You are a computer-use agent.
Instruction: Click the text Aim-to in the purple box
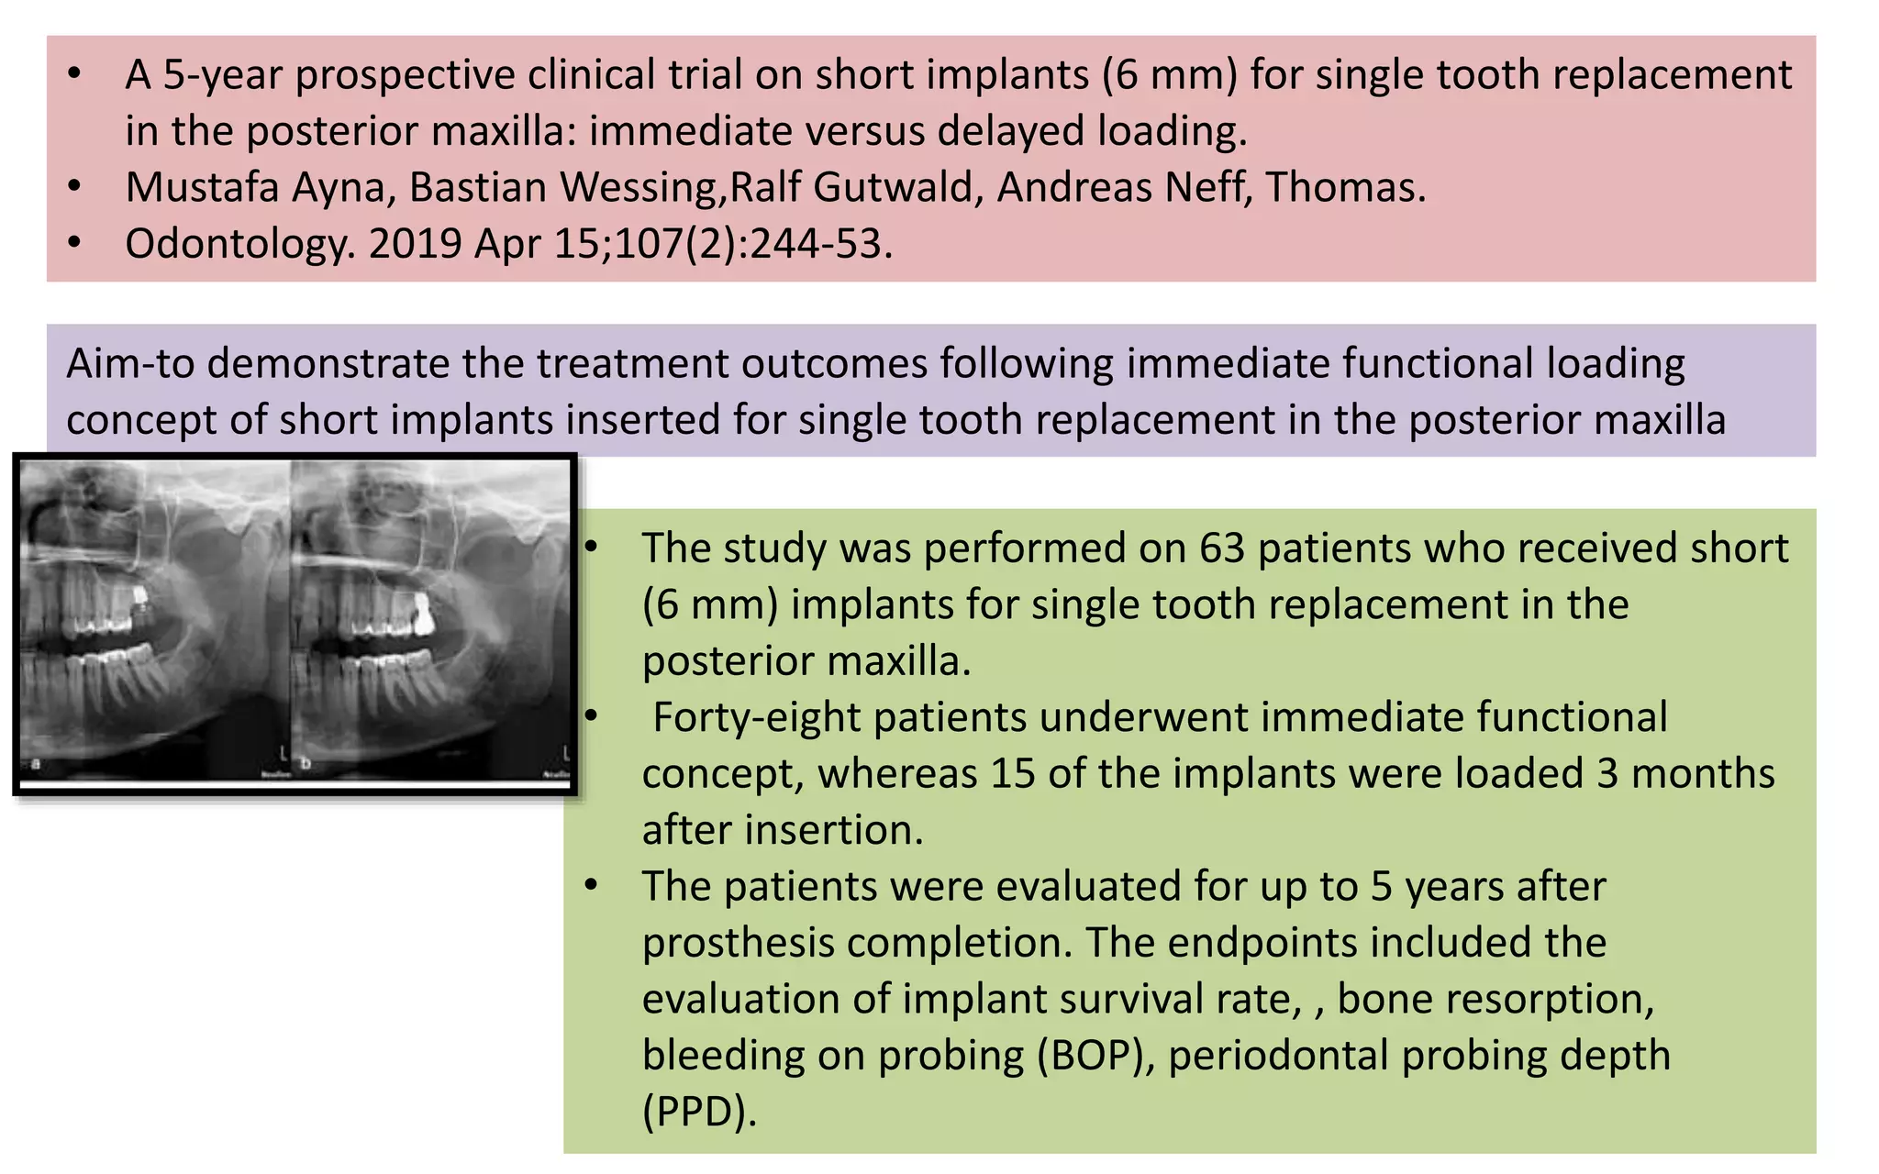(128, 364)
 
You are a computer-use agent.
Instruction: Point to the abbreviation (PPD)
(699, 1113)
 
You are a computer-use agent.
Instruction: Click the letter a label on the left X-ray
(36, 763)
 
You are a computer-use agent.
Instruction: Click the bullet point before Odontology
(74, 244)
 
